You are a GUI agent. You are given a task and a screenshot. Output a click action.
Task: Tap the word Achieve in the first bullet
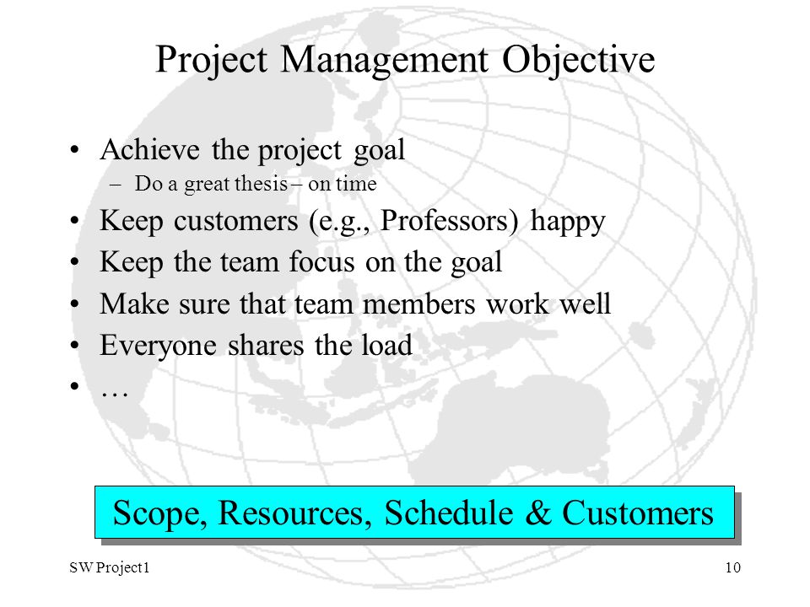(150, 150)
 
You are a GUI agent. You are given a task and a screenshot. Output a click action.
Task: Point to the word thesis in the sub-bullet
(262, 183)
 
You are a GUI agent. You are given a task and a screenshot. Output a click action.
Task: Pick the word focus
(321, 261)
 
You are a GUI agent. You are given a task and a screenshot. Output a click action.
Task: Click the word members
(419, 303)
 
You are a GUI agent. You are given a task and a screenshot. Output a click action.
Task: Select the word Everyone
(158, 346)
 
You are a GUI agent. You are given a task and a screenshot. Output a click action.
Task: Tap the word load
(387, 345)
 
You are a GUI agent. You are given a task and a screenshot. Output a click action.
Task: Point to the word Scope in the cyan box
(160, 514)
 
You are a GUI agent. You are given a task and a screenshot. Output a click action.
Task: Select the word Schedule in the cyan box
(449, 513)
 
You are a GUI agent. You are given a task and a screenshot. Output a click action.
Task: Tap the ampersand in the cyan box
(538, 513)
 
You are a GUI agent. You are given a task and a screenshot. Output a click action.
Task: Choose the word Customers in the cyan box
(638, 513)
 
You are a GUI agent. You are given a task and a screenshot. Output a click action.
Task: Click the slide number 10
(733, 567)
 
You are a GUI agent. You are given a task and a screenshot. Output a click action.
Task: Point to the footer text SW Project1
(110, 568)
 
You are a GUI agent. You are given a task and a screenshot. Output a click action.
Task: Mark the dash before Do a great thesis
(116, 185)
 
